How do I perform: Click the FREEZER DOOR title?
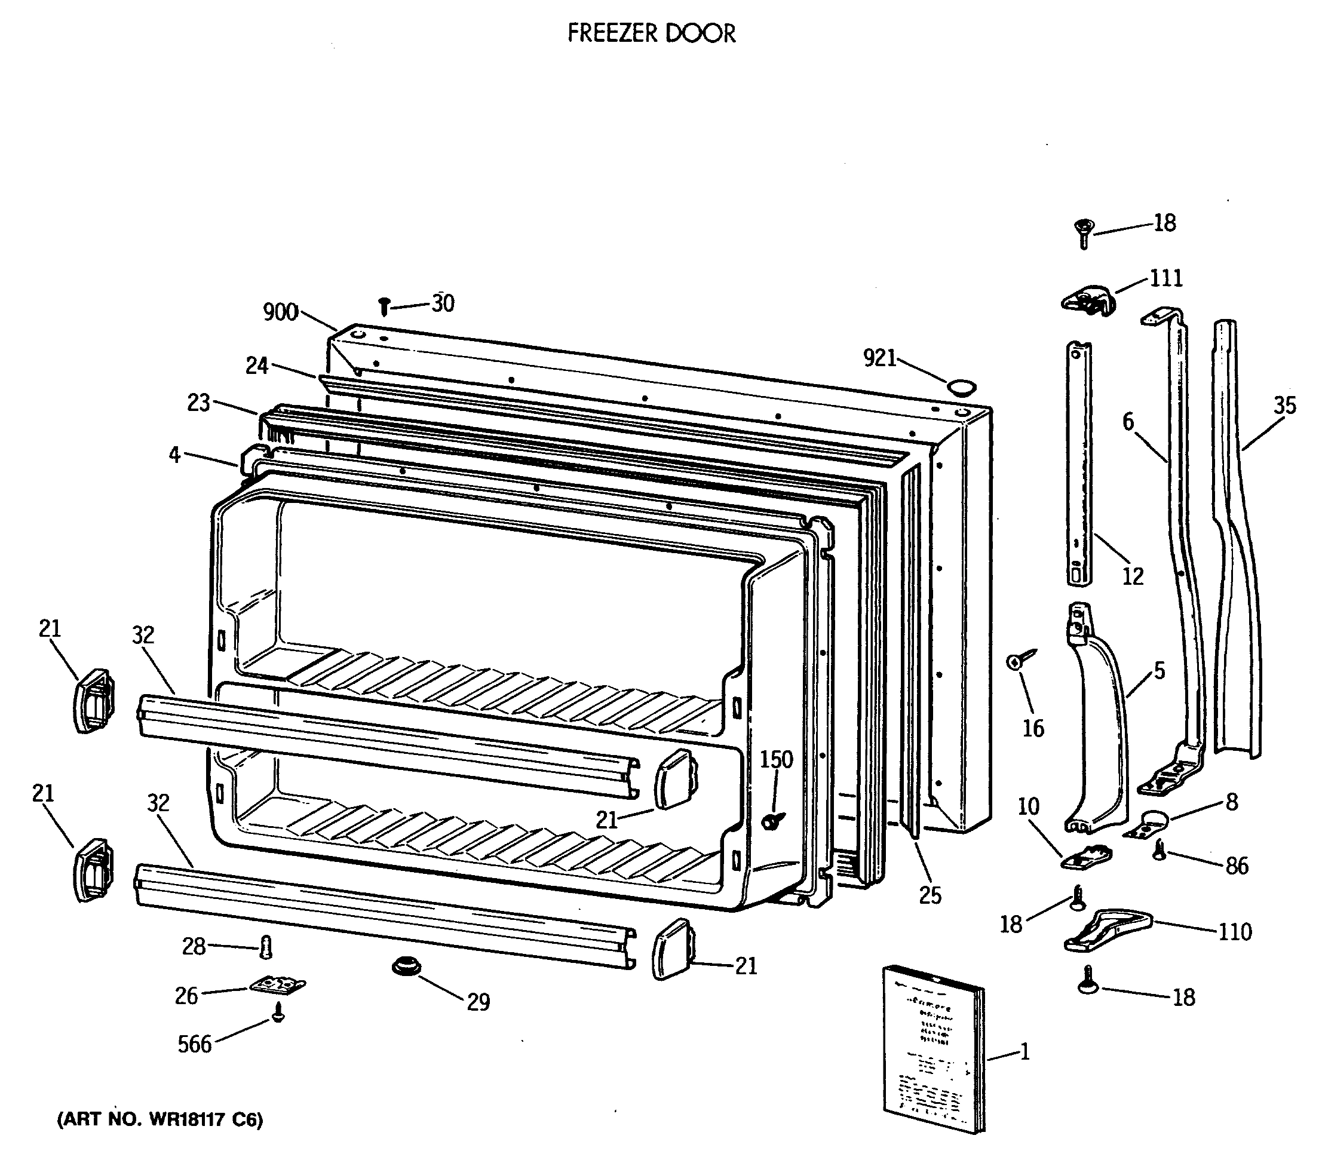tap(651, 33)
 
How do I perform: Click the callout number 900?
tap(280, 312)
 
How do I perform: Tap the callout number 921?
tap(879, 357)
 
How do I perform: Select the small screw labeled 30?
tap(385, 305)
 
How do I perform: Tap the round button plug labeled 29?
tap(406, 967)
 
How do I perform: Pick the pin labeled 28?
tap(266, 947)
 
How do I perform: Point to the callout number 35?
tap(1284, 405)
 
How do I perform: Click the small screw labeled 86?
tap(1160, 851)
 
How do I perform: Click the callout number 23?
tap(199, 403)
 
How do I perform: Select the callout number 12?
tap(1133, 576)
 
